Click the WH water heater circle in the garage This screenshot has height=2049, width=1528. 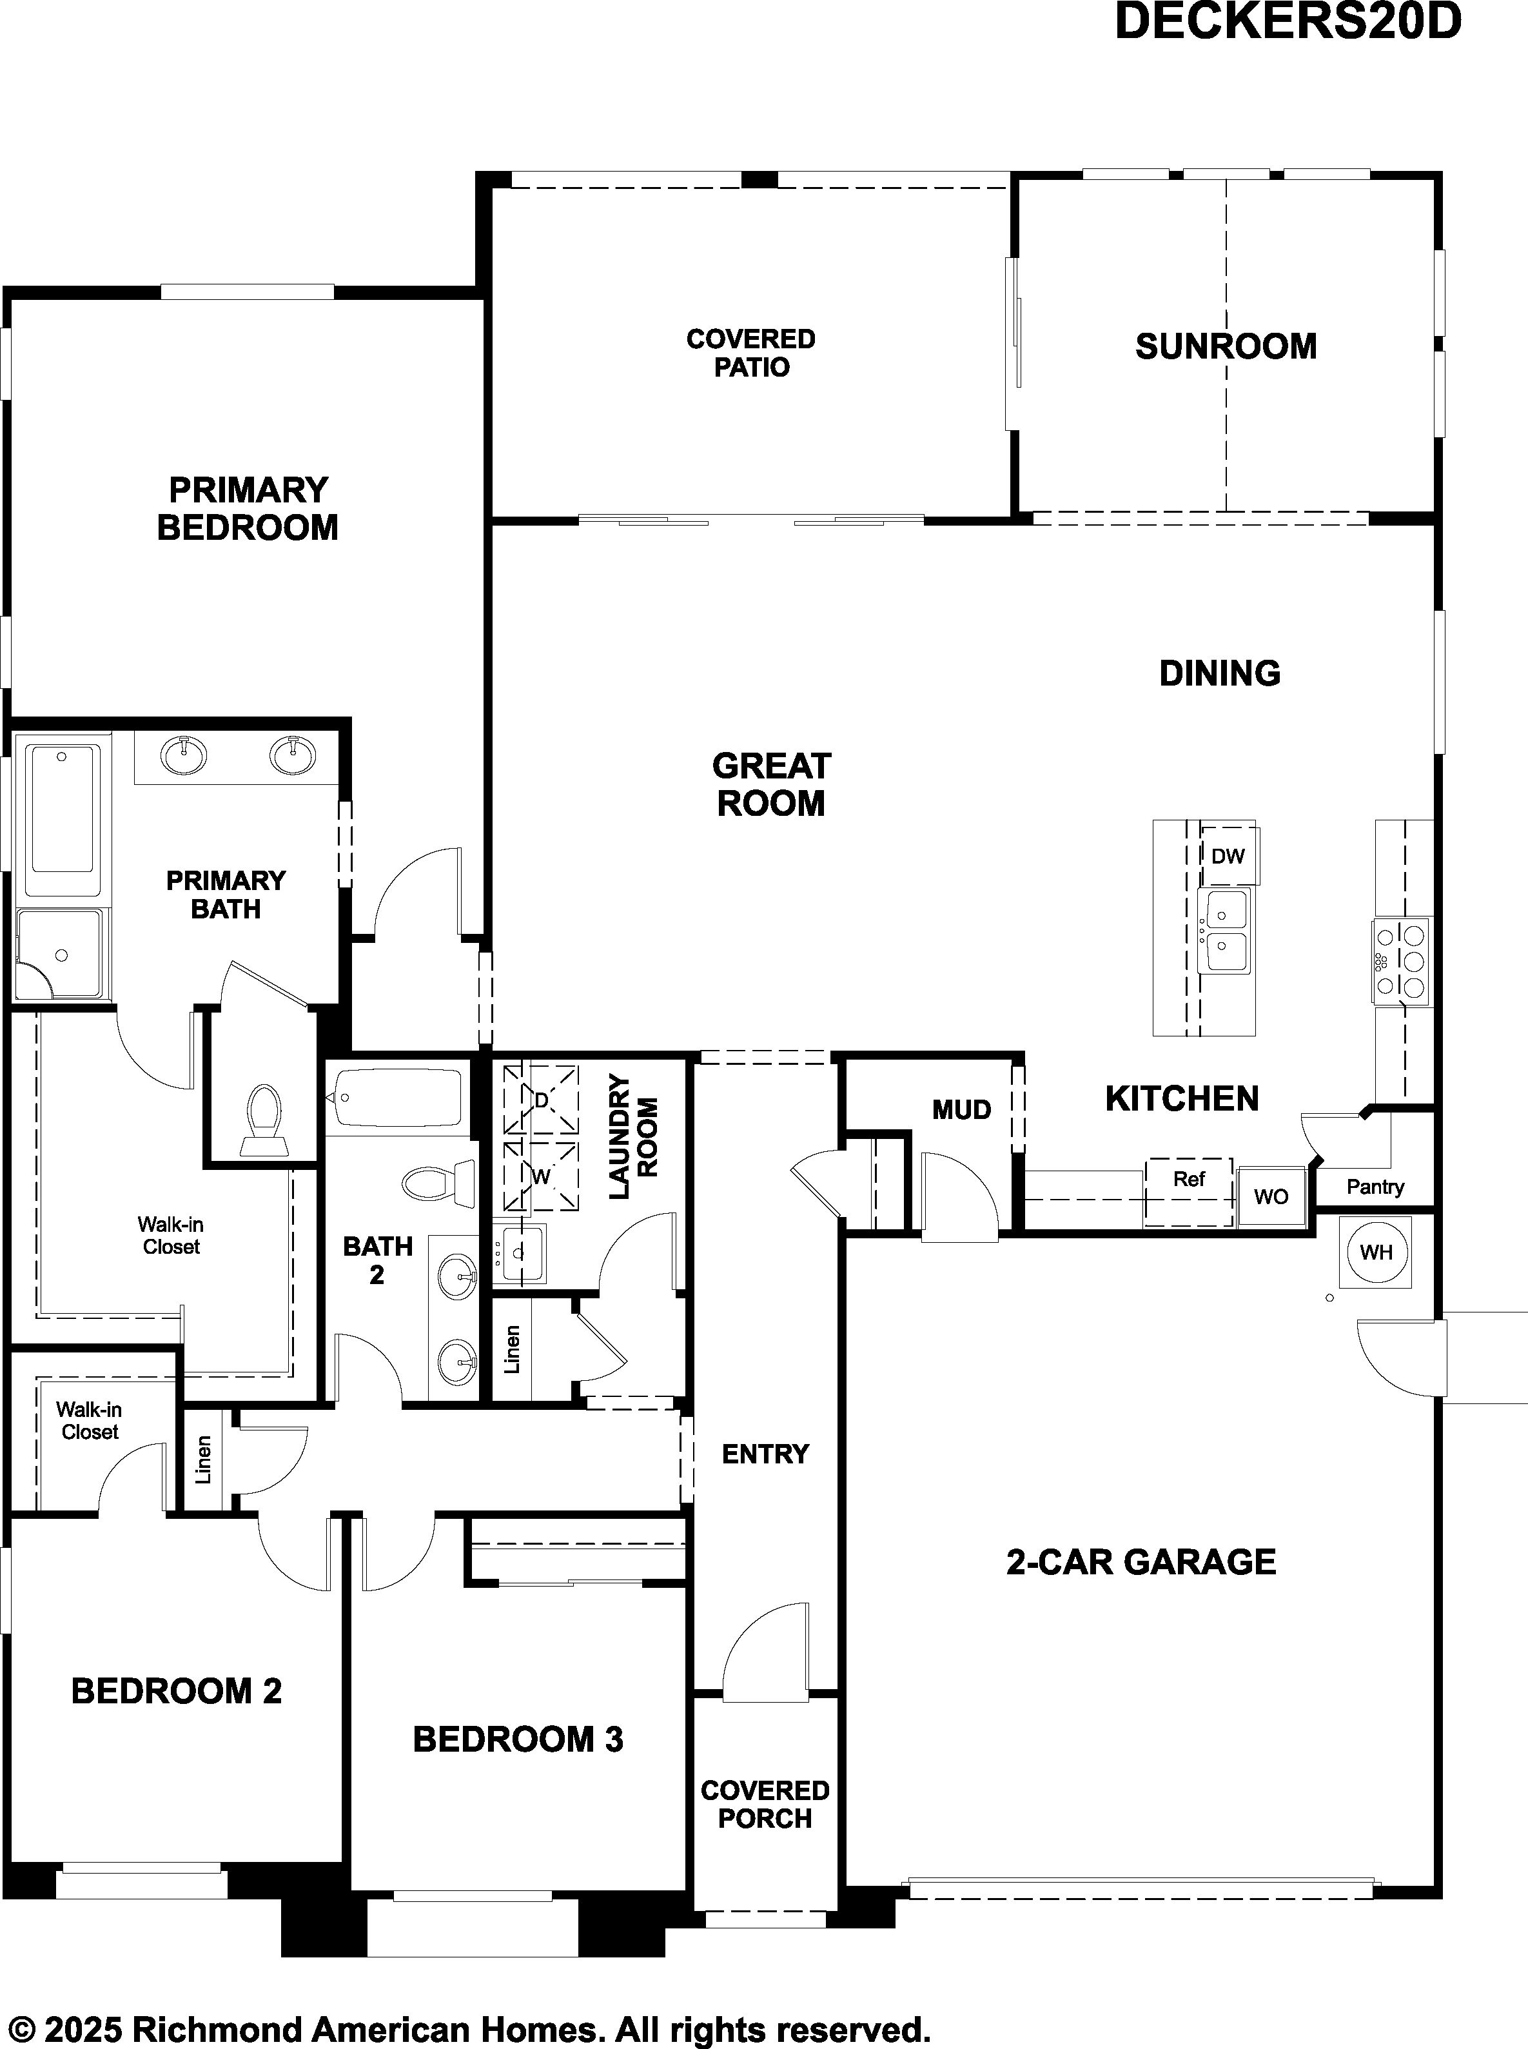pyautogui.click(x=1376, y=1252)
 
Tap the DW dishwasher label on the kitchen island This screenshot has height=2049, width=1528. pyautogui.click(x=1228, y=856)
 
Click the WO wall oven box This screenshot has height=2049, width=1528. pyautogui.click(x=1271, y=1196)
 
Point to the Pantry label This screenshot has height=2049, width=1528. pyautogui.click(x=1375, y=1187)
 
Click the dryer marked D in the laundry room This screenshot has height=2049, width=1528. pyautogui.click(x=541, y=1100)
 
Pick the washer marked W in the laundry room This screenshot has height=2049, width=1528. pyautogui.click(x=541, y=1176)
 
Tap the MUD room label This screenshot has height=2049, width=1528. pyautogui.click(x=961, y=1109)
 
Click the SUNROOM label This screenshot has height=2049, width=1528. pyautogui.click(x=1226, y=346)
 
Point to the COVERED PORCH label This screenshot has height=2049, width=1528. pyautogui.click(x=765, y=1804)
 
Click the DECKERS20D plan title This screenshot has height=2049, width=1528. pyautogui.click(x=1288, y=21)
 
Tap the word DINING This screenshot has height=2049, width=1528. pyautogui.click(x=1220, y=673)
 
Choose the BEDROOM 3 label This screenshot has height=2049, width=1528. pyautogui.click(x=518, y=1739)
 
